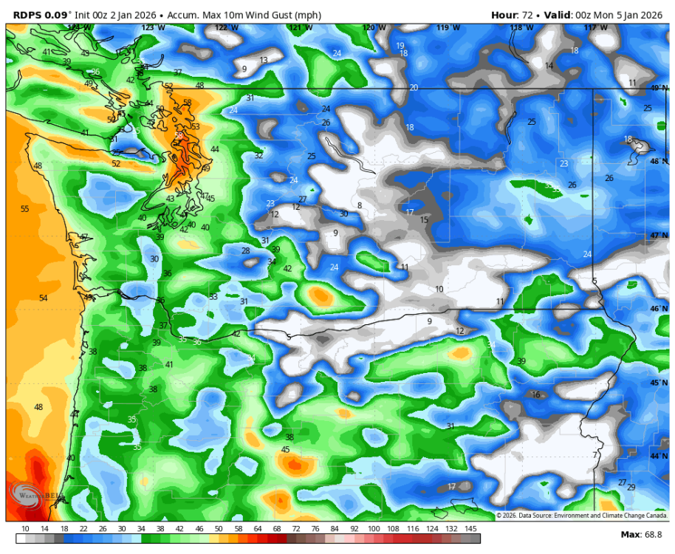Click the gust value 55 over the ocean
[25, 209]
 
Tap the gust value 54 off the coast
[43, 298]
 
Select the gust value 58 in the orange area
[187, 103]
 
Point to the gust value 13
[264, 60]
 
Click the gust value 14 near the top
[549, 66]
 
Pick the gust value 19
[400, 46]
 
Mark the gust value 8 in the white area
[360, 205]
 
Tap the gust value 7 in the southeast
[595, 454]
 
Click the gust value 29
[631, 487]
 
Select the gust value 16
[536, 394]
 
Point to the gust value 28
[245, 250]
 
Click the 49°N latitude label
[657, 88]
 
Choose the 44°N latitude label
[657, 456]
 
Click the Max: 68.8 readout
[642, 534]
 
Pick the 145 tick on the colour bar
[470, 529]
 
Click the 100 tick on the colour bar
[374, 529]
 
